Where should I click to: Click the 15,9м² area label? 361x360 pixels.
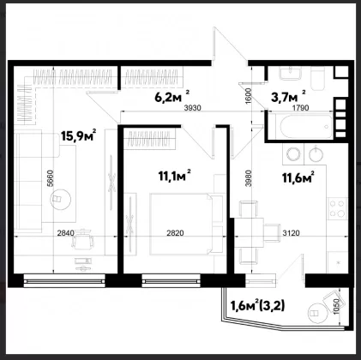coord(78,135)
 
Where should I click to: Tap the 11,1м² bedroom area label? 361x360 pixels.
coord(174,176)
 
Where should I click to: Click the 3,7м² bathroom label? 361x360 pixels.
coord(288,96)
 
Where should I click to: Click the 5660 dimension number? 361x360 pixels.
coord(50,178)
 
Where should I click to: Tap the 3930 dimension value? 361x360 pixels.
coord(193,108)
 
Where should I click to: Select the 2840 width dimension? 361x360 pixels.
coord(66,233)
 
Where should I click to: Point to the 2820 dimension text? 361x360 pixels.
coord(175,233)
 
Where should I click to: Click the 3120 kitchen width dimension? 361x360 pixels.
coord(292,233)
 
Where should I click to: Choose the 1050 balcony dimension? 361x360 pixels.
coord(336,307)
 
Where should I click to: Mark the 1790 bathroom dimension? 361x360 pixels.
coord(300,108)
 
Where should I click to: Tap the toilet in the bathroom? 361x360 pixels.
coord(317,78)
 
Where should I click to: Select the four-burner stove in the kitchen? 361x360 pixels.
coord(337,208)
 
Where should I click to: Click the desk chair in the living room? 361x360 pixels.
coord(83,240)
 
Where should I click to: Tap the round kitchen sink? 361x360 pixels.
coord(316,154)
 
